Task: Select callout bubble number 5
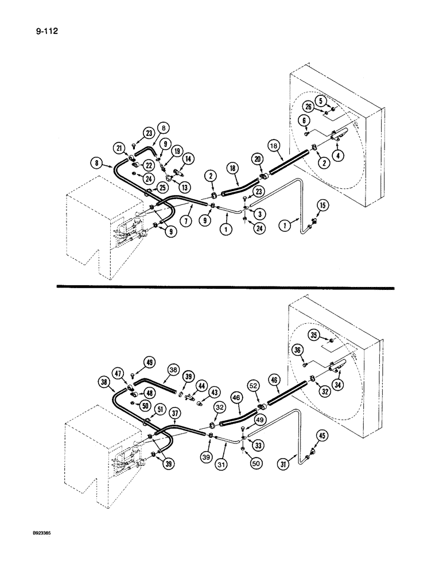(x=322, y=100)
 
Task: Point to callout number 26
(x=308, y=107)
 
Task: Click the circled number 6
(x=304, y=121)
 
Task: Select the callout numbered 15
(x=323, y=205)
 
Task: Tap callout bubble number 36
(x=298, y=350)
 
